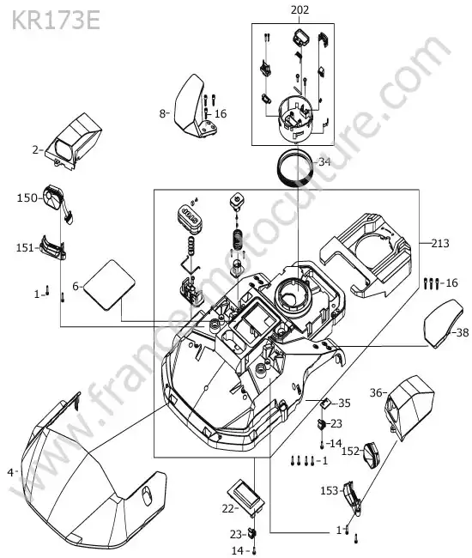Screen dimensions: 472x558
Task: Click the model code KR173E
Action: point(56,21)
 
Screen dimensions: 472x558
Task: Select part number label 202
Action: point(300,10)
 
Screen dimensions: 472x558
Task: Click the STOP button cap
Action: point(189,218)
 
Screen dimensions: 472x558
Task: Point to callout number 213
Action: point(440,244)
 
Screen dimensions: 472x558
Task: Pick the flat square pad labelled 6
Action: point(109,285)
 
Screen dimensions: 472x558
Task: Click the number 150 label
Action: point(27,197)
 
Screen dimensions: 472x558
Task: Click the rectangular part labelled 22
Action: point(246,496)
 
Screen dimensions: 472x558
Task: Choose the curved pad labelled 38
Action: point(443,324)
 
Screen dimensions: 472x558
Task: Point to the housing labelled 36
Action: point(409,407)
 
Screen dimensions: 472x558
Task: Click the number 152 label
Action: point(352,451)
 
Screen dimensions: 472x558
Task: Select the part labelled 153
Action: point(352,498)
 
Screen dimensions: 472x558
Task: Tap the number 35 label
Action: point(344,403)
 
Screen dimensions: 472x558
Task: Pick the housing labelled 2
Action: point(74,142)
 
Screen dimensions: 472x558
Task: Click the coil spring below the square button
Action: point(237,240)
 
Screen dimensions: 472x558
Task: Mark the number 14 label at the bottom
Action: point(237,551)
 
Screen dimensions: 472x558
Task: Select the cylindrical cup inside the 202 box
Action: point(295,118)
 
